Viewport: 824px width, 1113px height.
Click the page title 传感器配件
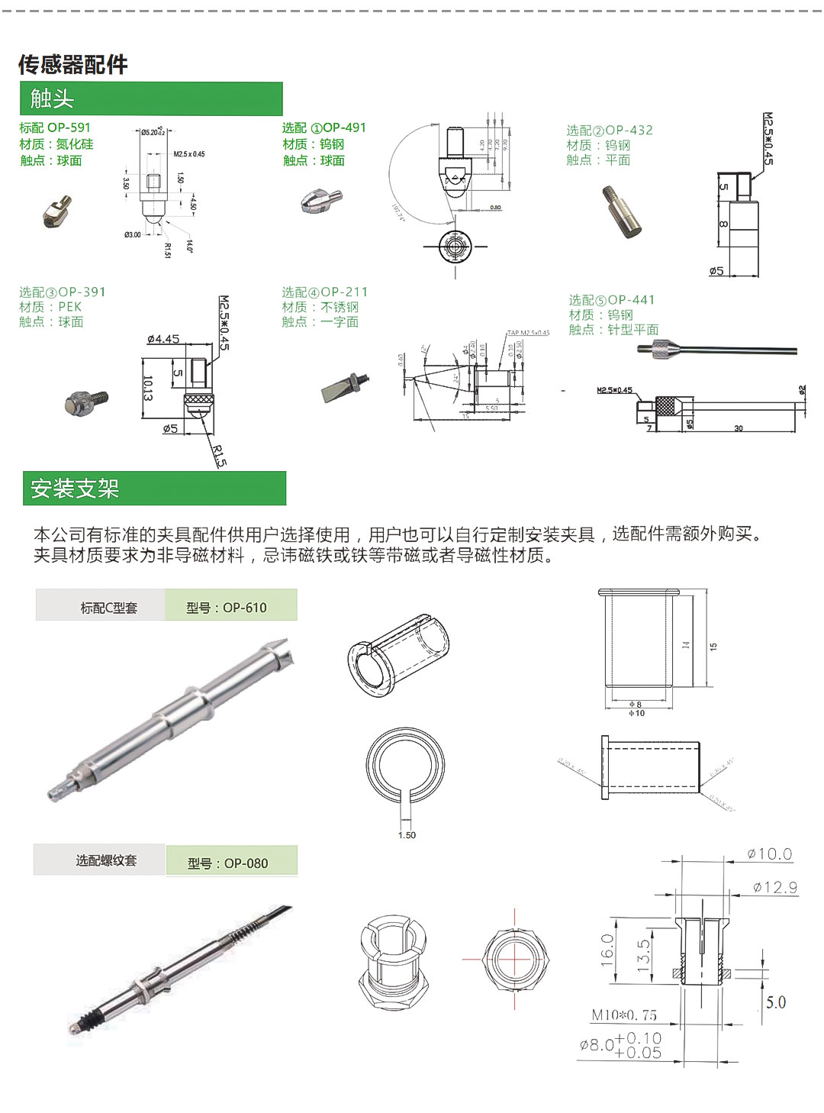73,65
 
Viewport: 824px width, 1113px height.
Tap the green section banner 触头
151,99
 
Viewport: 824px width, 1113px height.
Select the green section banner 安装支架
154,489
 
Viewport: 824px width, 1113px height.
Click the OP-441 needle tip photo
716,350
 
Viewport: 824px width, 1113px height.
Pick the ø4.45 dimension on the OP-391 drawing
163,339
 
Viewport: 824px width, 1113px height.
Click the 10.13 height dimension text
147,388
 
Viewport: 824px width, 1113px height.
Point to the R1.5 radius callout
220,456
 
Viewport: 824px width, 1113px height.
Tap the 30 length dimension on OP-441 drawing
738,428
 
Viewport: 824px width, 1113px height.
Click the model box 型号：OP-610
230,607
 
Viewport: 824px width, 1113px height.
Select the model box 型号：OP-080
231,863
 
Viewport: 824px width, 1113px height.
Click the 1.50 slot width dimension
407,835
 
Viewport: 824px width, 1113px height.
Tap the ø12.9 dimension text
774,887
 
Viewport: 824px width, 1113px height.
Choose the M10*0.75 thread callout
623,1015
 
